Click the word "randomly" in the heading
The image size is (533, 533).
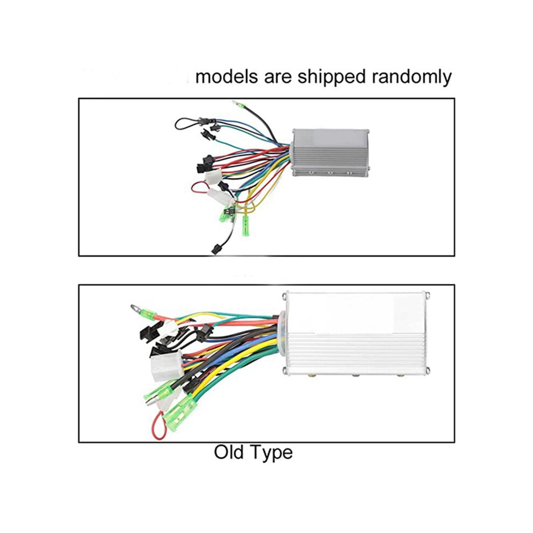pos(412,77)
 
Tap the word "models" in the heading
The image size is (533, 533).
pos(226,76)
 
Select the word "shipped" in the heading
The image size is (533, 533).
pos(332,77)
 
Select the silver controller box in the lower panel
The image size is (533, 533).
pos(355,334)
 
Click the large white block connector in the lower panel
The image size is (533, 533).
pos(166,366)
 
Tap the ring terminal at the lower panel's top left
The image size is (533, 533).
pos(136,308)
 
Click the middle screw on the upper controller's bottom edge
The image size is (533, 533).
pos(330,173)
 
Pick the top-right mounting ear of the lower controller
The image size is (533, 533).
pos(427,296)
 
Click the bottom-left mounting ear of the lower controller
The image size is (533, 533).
pos(285,370)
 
